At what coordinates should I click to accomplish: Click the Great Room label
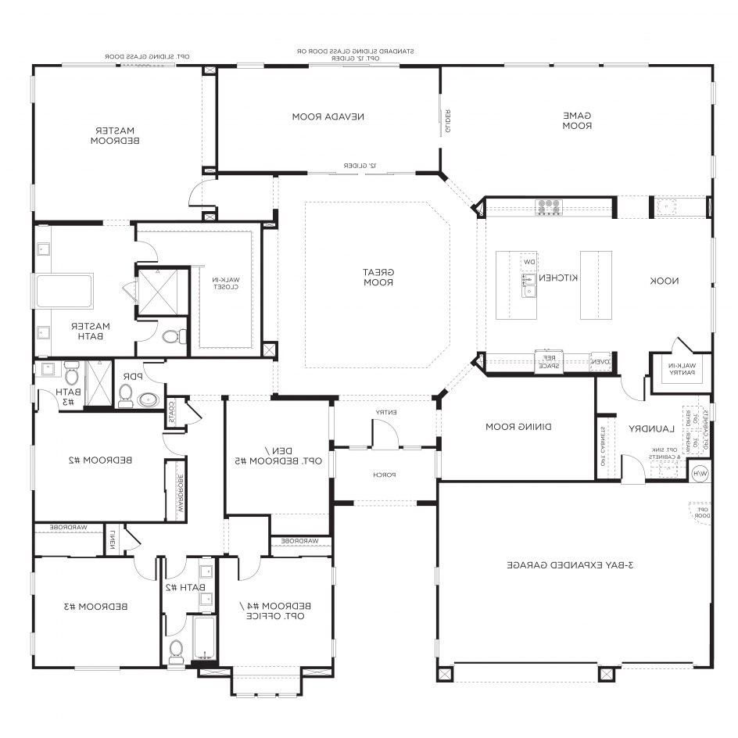(378, 277)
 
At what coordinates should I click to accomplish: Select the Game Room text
(577, 120)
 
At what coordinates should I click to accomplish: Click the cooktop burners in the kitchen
(548, 207)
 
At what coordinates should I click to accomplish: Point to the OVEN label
(600, 361)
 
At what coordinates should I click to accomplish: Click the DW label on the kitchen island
(529, 263)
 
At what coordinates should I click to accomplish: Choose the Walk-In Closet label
(227, 283)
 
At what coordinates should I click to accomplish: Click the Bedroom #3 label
(96, 606)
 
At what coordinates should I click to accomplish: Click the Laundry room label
(649, 428)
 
